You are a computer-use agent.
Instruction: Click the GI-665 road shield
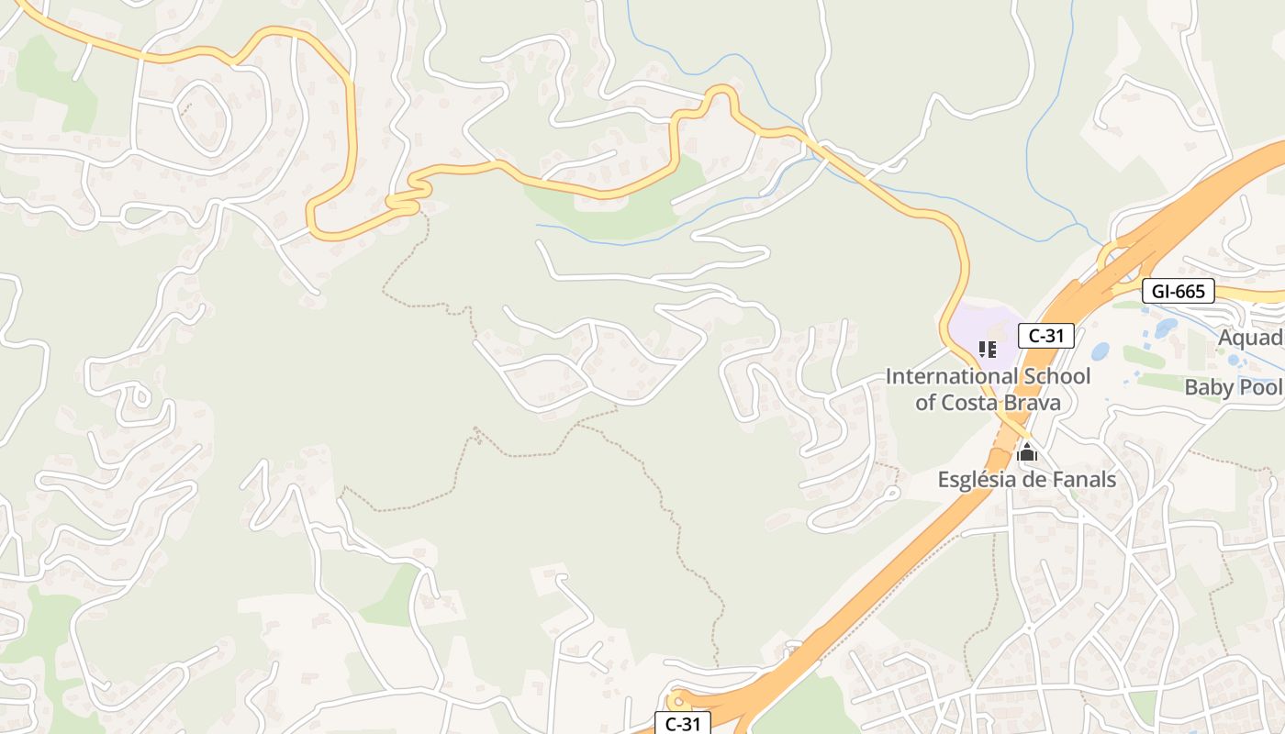pos(1179,292)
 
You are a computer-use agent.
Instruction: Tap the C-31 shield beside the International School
pos(1046,336)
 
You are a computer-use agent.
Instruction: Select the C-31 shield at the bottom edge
pos(682,723)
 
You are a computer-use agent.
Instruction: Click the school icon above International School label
pos(988,349)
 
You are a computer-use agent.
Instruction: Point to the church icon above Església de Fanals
pos(1027,452)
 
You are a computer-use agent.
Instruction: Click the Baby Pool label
pos(1233,387)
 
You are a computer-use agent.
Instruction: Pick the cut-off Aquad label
pos(1250,339)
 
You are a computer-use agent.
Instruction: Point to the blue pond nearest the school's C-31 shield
pos(1100,350)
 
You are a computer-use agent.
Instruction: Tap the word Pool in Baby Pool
pos(1259,387)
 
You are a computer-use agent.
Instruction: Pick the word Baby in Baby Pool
pos(1208,387)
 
